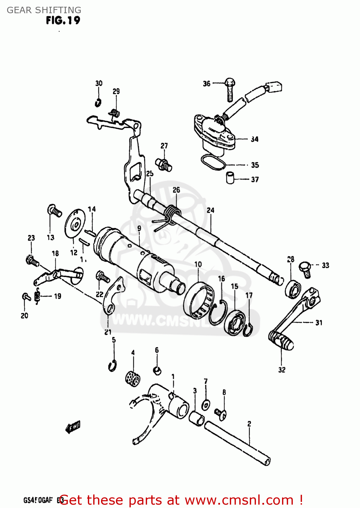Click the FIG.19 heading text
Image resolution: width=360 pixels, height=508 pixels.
pos(63,21)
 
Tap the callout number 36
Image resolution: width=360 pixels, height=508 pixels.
pos(206,84)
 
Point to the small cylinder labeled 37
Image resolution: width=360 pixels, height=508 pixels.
pos(230,178)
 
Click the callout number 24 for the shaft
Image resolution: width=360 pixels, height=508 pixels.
pos(211,210)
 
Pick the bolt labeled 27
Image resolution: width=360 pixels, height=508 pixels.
pos(164,164)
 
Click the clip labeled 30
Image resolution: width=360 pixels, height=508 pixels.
pos(98,102)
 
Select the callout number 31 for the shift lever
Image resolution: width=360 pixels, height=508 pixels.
pos(319,323)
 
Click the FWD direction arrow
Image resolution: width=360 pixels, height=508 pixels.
pos(73,427)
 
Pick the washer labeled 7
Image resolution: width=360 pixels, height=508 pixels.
pos(206,404)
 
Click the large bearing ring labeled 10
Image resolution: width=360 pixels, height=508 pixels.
pos(198,300)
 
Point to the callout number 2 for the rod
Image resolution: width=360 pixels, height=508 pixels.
pos(249,424)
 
